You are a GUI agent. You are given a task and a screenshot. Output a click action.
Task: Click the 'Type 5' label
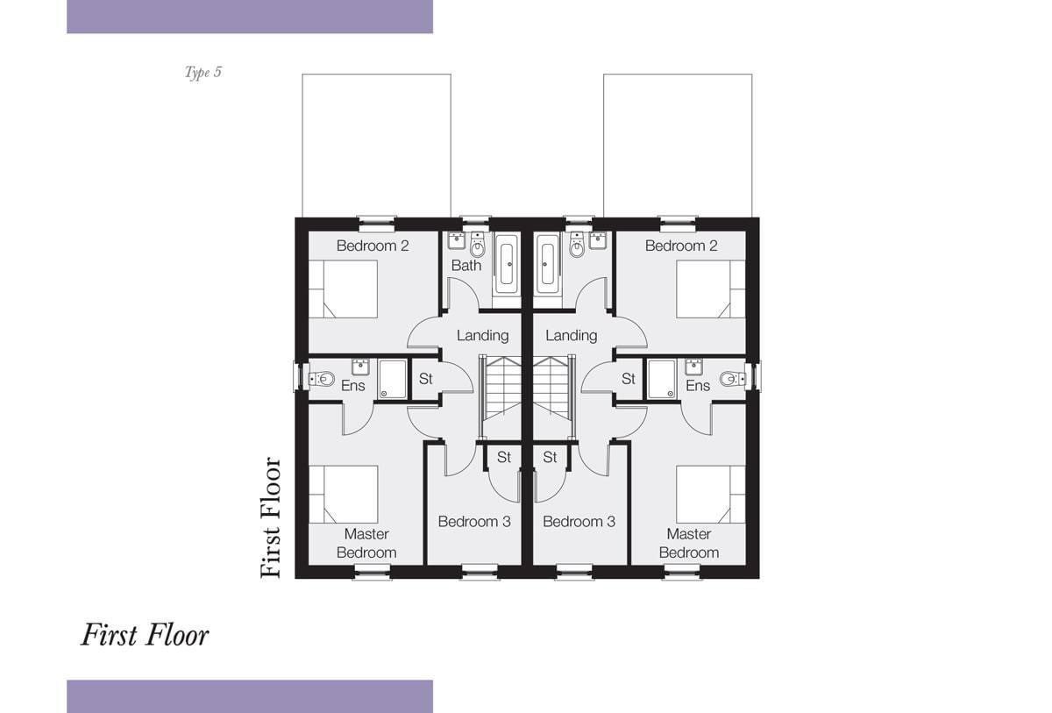click(x=203, y=72)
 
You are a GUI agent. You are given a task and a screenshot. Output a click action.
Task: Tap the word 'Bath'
click(x=466, y=266)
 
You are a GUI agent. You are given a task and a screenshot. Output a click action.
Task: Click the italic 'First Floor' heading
click(x=146, y=636)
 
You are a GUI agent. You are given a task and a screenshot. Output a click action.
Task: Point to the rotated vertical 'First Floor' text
click(x=271, y=517)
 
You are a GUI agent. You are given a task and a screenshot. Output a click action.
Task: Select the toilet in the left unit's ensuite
click(x=322, y=378)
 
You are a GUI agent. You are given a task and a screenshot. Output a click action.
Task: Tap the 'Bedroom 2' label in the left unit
click(x=373, y=246)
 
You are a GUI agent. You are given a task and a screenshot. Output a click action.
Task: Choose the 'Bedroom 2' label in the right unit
click(x=681, y=246)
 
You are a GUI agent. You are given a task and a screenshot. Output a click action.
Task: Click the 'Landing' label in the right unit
click(x=571, y=335)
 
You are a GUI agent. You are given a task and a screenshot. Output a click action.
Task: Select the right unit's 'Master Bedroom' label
click(x=689, y=543)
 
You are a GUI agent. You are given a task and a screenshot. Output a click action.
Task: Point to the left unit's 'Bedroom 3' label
click(x=474, y=521)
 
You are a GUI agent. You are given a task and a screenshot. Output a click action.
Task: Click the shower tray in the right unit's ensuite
click(x=662, y=379)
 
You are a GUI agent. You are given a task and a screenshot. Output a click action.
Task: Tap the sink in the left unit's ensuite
click(x=360, y=367)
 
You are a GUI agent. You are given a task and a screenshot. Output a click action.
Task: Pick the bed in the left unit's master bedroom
click(x=344, y=494)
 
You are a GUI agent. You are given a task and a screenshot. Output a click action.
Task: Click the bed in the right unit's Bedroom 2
click(x=711, y=289)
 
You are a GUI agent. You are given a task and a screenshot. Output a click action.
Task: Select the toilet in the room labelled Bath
click(x=478, y=245)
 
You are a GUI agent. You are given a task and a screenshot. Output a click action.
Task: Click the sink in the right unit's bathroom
click(x=598, y=240)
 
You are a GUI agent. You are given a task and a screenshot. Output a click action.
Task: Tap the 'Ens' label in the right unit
click(x=698, y=386)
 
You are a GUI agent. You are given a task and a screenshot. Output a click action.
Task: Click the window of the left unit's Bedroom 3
click(x=480, y=571)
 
